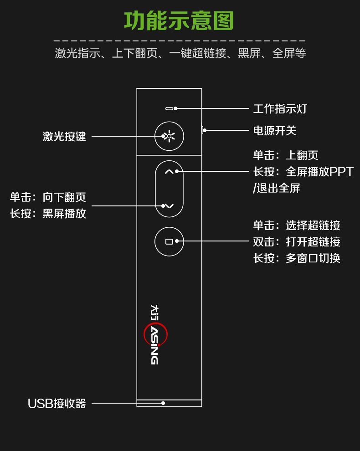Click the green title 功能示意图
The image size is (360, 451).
[179, 21]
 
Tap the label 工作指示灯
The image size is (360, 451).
[280, 109]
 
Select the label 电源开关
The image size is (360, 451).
[275, 131]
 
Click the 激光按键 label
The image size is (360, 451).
[64, 136]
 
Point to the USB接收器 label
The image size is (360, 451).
[57, 404]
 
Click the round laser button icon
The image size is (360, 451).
[169, 136]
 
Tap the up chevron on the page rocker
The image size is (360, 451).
[169, 172]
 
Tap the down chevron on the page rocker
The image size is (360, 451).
[169, 206]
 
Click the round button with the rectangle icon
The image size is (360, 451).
[169, 241]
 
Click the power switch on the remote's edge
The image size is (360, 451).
[202, 130]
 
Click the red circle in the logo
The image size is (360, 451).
[156, 334]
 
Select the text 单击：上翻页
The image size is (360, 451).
[286, 155]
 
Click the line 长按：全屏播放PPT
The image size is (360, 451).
[303, 172]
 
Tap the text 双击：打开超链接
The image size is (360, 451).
[297, 242]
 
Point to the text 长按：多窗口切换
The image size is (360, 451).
[297, 258]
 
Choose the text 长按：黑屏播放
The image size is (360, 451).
[48, 213]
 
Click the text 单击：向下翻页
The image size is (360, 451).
[48, 197]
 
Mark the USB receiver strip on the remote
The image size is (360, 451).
[169, 403]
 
